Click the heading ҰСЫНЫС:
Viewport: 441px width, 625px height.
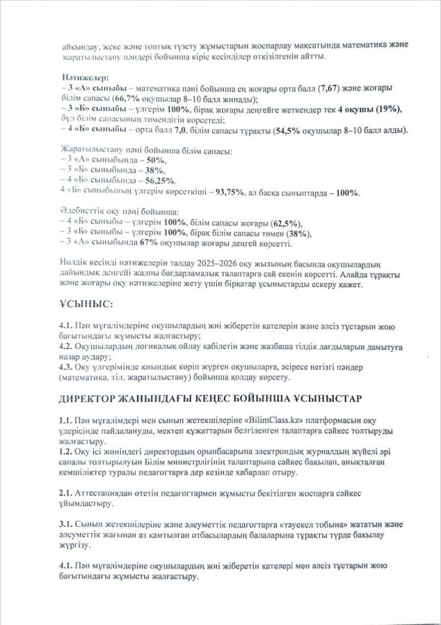coord(85,305)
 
